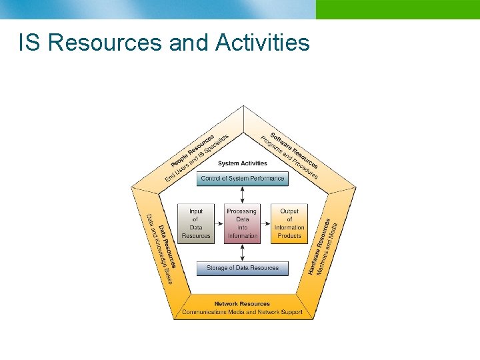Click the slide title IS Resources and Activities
pos(164,43)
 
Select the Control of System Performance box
pos(243,179)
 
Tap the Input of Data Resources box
pos(196,223)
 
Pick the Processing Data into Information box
pos(242,223)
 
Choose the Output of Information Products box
pos(289,223)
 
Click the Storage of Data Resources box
pos(243,268)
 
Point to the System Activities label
pos(243,163)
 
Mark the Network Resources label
pos(243,304)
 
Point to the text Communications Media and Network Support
pos(243,312)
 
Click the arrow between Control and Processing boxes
pos(243,194)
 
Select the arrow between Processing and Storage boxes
pos(243,252)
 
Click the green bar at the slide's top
pos(397,9)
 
